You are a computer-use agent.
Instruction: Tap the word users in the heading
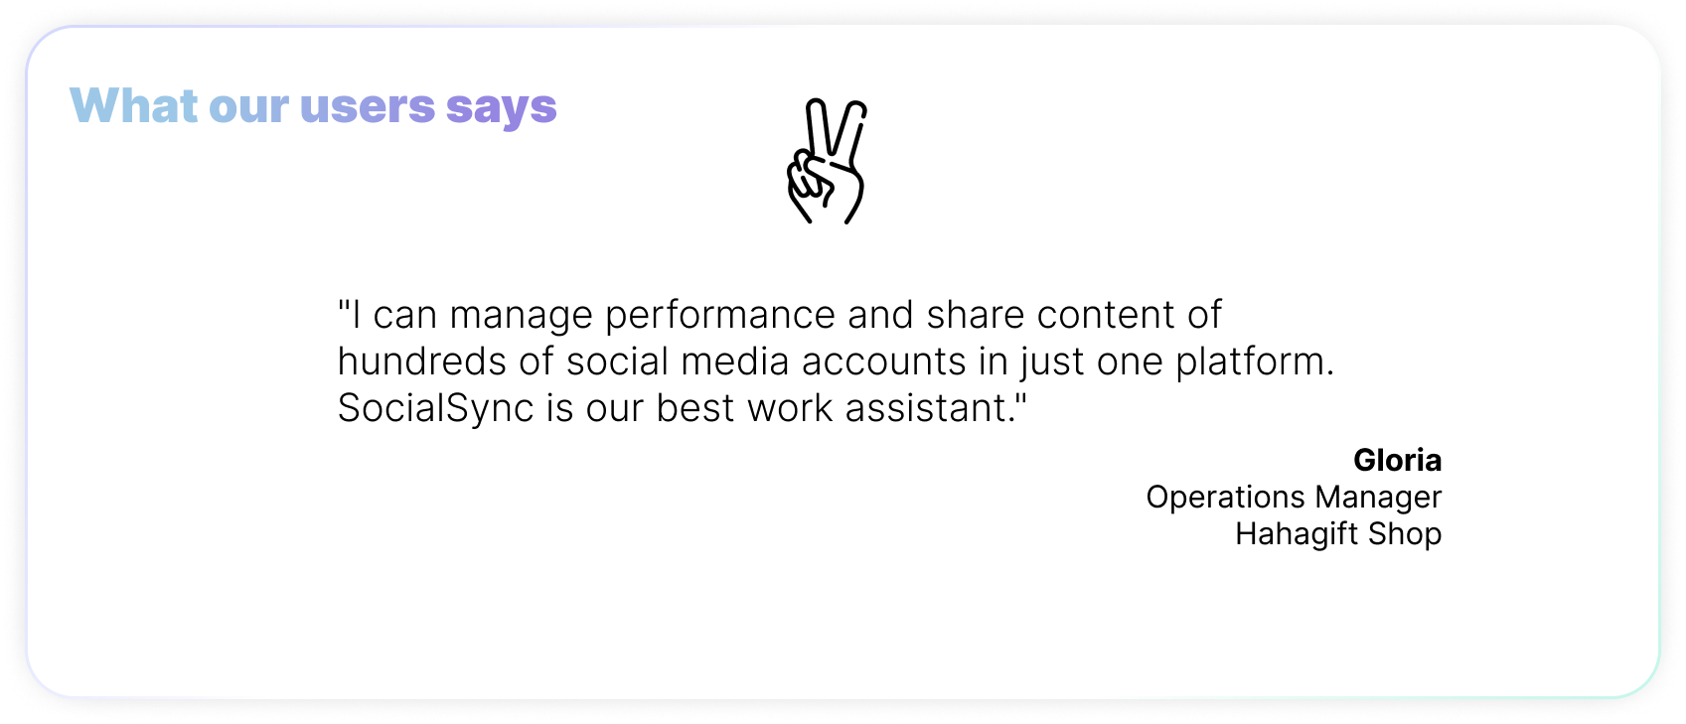tap(368, 107)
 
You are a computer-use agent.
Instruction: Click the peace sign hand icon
tap(826, 161)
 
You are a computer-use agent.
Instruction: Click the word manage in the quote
tap(521, 316)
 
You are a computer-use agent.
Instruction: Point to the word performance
tap(720, 316)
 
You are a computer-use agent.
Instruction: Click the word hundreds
tap(421, 362)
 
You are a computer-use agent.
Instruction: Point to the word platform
tap(1255, 362)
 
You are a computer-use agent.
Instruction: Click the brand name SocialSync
tap(435, 409)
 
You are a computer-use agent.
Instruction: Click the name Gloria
tap(1397, 460)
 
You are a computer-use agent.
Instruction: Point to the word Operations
tap(1225, 498)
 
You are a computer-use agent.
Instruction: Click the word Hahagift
tap(1297, 534)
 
